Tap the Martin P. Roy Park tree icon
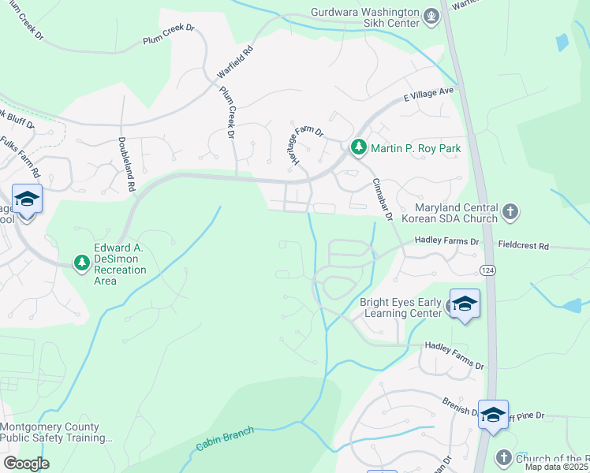coord(359,147)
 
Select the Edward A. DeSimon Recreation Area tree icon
coord(81,263)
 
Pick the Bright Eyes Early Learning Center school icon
coord(465,304)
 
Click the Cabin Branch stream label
coord(225,438)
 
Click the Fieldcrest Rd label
coord(521,246)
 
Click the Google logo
coord(26,463)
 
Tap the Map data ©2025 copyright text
coord(557,467)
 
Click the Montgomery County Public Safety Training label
coord(55,432)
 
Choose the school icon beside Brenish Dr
coord(493,414)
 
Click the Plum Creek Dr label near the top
coord(168,32)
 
